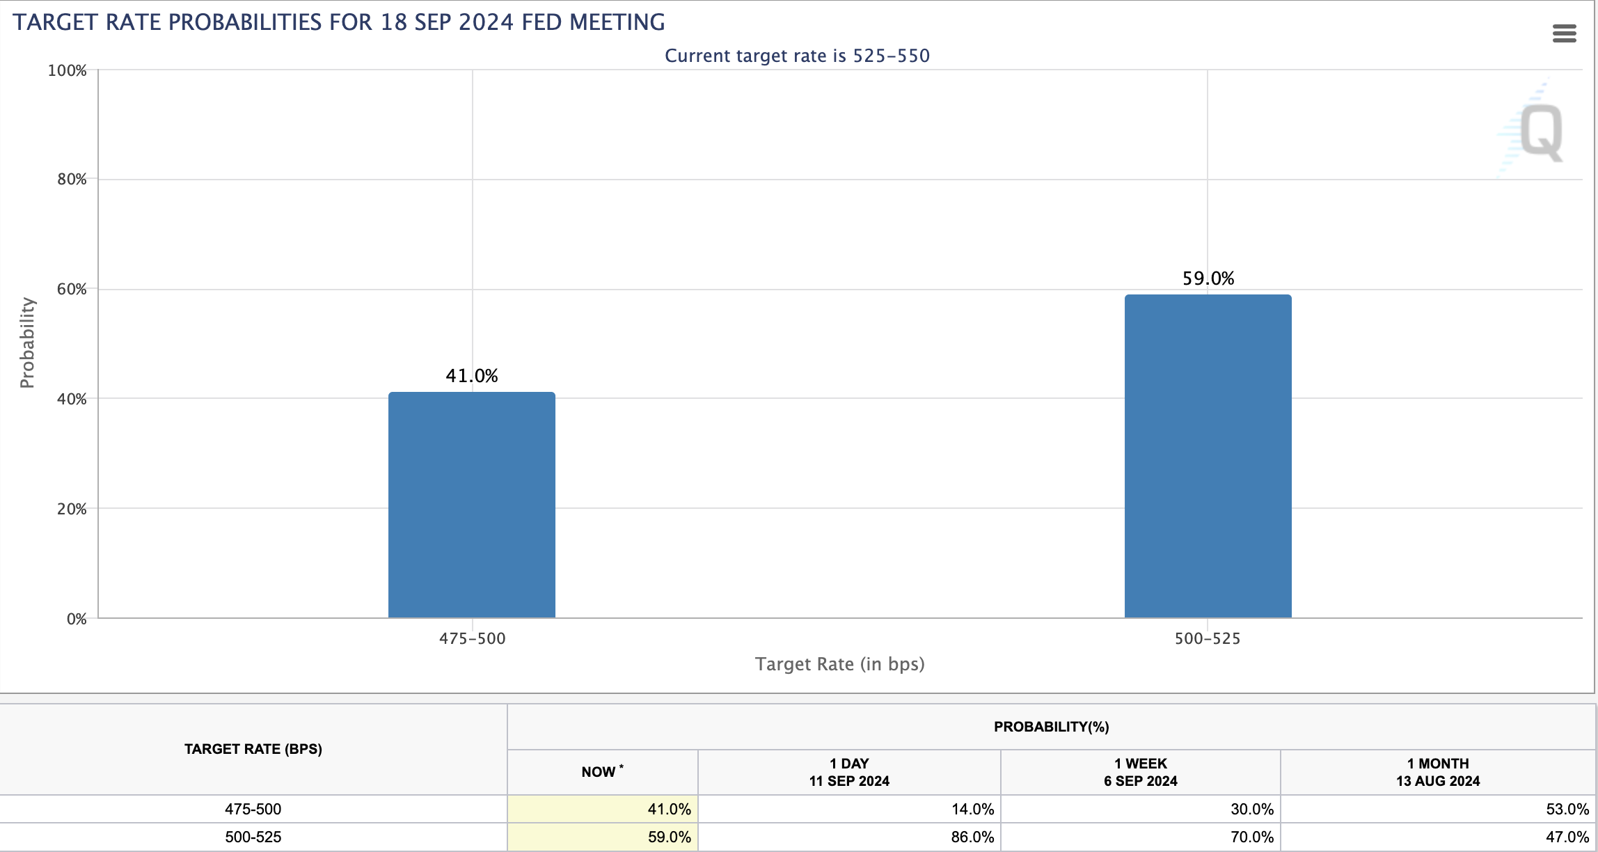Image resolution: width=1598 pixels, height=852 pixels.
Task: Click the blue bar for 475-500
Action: coord(472,505)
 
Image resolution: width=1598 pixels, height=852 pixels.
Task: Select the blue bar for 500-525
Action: coord(1208,456)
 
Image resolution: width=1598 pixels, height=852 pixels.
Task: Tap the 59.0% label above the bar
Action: coord(1208,278)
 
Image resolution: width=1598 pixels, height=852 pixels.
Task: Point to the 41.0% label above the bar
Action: coord(472,376)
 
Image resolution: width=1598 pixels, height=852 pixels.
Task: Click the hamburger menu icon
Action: coord(1565,33)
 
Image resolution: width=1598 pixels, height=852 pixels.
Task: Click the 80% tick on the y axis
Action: coord(72,180)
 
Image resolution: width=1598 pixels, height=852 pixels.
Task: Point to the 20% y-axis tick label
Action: coord(72,509)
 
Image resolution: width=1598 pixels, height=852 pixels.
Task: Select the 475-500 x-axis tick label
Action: coord(472,638)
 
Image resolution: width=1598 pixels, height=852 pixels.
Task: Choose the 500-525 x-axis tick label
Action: coord(1208,638)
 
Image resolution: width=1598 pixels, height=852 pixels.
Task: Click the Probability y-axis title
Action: coord(27,342)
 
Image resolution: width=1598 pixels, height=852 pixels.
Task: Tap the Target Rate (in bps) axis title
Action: coord(840,664)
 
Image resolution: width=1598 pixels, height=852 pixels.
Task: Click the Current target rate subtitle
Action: coord(798,56)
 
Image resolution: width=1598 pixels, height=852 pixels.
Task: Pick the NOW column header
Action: coord(602,771)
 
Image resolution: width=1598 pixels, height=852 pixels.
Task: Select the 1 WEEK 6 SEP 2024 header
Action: coord(1141,772)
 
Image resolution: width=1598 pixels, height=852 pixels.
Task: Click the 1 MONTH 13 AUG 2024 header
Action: coord(1438,772)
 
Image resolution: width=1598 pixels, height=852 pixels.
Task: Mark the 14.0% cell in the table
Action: coord(972,809)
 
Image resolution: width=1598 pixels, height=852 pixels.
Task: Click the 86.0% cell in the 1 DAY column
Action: coord(972,837)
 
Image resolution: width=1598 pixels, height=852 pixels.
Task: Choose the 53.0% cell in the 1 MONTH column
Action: coord(1567,809)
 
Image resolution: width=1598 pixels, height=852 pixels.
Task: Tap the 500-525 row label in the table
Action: coord(253,837)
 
